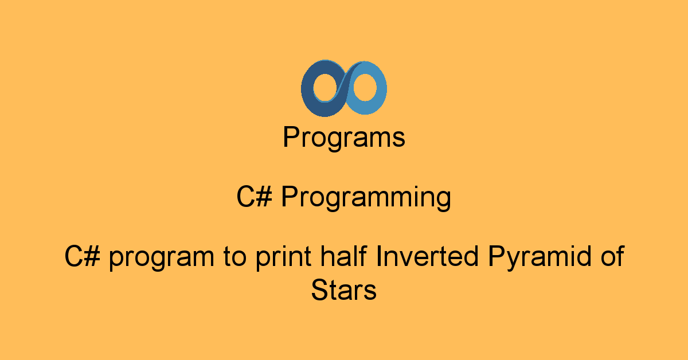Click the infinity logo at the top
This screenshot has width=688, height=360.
tap(343, 88)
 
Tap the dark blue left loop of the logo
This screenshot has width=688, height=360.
tap(307, 89)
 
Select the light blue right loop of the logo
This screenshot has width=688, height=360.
tap(381, 88)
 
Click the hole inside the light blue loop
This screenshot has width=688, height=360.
tap(365, 87)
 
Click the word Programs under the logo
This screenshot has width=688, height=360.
tap(344, 138)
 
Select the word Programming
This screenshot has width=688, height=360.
tap(366, 198)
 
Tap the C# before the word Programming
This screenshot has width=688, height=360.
tap(255, 196)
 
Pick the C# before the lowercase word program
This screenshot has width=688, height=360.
tap(83, 256)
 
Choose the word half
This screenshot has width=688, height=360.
tap(343, 256)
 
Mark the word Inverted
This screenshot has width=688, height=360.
tap(427, 256)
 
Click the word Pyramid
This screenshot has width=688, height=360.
tap(540, 257)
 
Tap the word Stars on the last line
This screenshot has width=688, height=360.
tap(343, 289)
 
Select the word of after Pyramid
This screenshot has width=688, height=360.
tap(612, 256)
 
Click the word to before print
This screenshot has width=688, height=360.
tap(235, 256)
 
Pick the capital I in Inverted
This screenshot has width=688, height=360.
tap(378, 256)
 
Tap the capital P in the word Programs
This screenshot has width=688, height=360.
tap(291, 136)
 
